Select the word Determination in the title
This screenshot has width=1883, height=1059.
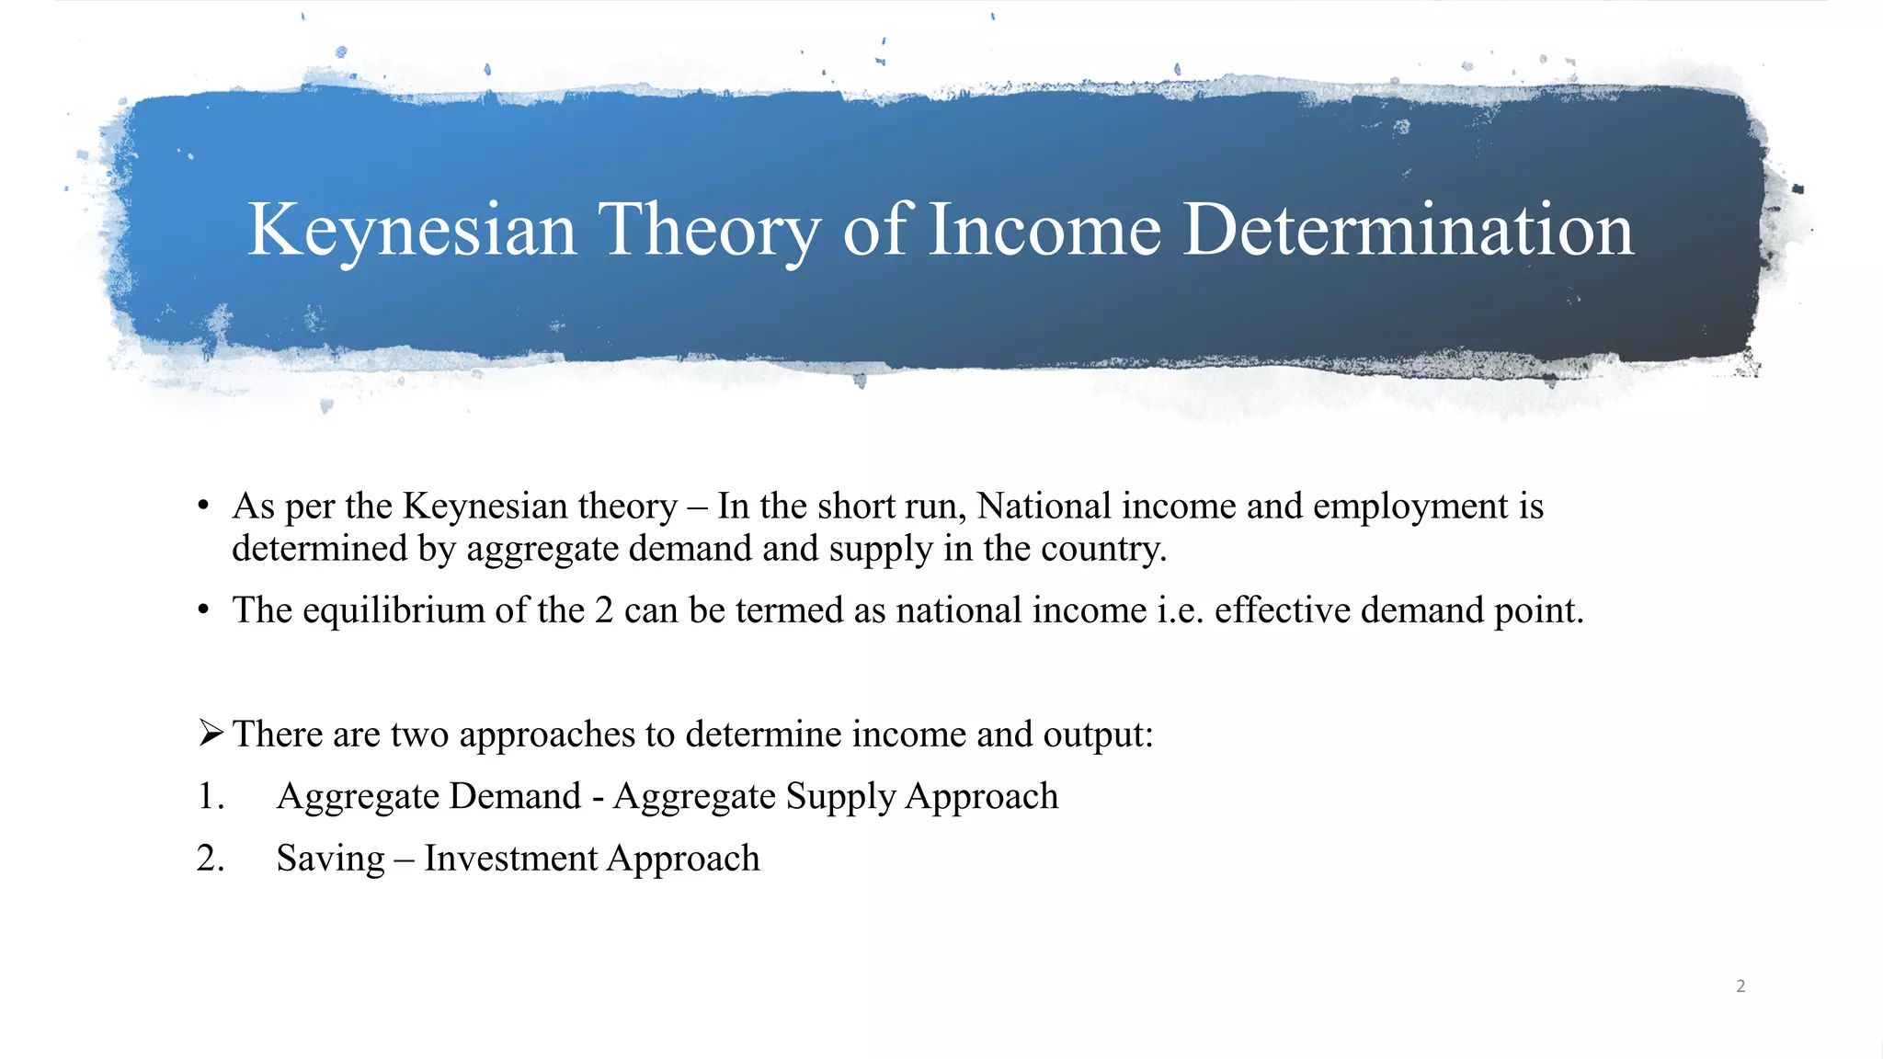(x=1408, y=230)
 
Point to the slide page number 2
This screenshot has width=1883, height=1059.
(x=1740, y=986)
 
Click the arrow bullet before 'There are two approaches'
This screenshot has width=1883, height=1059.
(x=211, y=734)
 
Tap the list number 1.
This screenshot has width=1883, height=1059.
(x=211, y=796)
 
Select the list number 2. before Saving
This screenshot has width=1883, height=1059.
(x=211, y=859)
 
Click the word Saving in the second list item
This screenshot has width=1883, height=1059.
(x=330, y=859)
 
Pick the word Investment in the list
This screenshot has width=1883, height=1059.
(x=510, y=859)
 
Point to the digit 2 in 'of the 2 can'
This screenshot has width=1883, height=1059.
(x=604, y=610)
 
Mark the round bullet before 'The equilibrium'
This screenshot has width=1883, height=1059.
(x=204, y=610)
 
